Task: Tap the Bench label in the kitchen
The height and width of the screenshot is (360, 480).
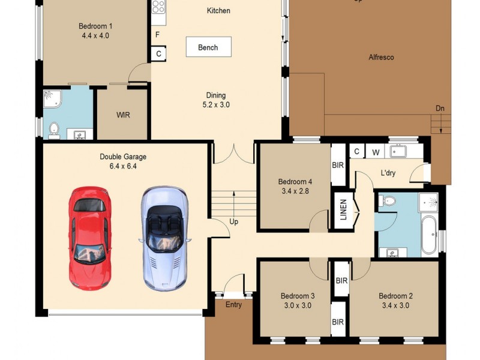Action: click(208, 47)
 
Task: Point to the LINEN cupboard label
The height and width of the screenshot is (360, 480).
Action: click(344, 210)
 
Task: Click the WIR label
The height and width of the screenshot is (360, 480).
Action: click(123, 115)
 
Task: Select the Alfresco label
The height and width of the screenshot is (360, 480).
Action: click(381, 58)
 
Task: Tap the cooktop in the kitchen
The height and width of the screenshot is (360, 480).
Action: click(158, 7)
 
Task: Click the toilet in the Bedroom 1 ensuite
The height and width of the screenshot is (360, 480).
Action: click(54, 128)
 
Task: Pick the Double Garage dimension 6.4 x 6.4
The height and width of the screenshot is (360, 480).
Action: click(123, 166)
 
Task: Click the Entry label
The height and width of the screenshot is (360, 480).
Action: click(233, 305)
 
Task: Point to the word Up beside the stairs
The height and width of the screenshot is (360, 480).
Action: click(234, 221)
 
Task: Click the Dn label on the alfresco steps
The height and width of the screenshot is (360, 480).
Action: click(440, 108)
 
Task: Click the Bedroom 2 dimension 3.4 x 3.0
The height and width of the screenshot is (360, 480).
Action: click(395, 305)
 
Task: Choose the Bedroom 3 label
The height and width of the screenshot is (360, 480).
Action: click(298, 296)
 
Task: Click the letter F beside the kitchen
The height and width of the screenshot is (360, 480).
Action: click(158, 35)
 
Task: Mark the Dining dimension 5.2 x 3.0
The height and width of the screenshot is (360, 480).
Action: click(216, 104)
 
